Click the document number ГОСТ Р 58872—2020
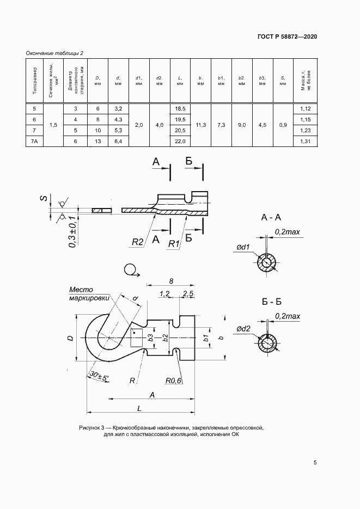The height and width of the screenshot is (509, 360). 287,36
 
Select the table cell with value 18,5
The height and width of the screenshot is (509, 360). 180,109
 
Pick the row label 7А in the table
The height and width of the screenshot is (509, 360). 34,141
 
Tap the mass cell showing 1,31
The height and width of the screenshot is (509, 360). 305,141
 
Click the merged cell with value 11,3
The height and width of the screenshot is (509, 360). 201,125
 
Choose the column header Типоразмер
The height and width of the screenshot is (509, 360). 34,81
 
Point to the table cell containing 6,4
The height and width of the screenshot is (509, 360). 119,141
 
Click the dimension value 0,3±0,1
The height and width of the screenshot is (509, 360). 72,232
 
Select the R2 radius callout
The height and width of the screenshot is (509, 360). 138,242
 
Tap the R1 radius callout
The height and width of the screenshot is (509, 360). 174,243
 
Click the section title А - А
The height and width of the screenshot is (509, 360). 271,218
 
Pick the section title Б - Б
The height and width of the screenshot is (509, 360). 271,302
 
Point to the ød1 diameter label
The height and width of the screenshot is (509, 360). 243,247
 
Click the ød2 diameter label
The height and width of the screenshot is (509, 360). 243,329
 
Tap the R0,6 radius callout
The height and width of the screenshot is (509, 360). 173,381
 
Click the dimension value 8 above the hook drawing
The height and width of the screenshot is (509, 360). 171,281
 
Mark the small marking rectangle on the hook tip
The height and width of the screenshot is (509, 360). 136,338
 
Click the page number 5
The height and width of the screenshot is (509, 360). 315,463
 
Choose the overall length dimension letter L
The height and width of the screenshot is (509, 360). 139,408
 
